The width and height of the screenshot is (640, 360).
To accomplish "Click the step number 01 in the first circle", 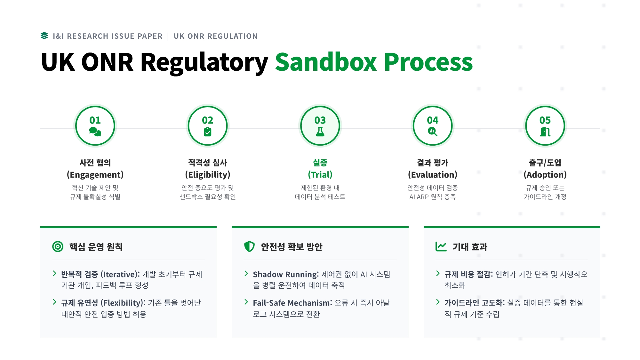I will coord(95,120).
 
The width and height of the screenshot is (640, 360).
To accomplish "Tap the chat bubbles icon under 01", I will coord(95,132).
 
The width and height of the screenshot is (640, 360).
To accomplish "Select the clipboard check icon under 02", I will coord(208,132).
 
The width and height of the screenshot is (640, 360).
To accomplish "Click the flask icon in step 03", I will coord(320,132).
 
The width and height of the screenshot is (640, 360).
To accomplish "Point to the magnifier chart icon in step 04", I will coord(432,131).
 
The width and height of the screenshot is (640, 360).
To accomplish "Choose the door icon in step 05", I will coord(545,132).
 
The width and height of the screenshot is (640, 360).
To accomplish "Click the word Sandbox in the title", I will coord(326,62).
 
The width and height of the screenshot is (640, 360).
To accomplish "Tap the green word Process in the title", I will coord(428,62).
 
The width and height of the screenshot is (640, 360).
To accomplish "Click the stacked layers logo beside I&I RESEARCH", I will coord(44,36).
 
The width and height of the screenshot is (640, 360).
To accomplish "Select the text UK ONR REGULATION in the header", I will coord(215,36).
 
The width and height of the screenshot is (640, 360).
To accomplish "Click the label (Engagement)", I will coord(95,175).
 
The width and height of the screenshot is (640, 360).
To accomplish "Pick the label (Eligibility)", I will coord(208,175).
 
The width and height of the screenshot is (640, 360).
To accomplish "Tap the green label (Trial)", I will coord(320,175).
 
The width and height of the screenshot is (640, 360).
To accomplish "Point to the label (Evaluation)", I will coord(432,175).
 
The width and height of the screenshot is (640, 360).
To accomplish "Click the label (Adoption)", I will coord(545,175).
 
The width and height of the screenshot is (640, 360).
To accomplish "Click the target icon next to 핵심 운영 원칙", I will coord(58,246).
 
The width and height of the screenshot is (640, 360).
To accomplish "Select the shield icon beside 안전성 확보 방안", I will coord(249,246).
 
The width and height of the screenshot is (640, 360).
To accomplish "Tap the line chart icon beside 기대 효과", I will coord(441,246).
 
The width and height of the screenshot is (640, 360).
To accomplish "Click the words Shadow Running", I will coord(285,275).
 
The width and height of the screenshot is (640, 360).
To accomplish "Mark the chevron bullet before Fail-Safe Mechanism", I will coord(246,302).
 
